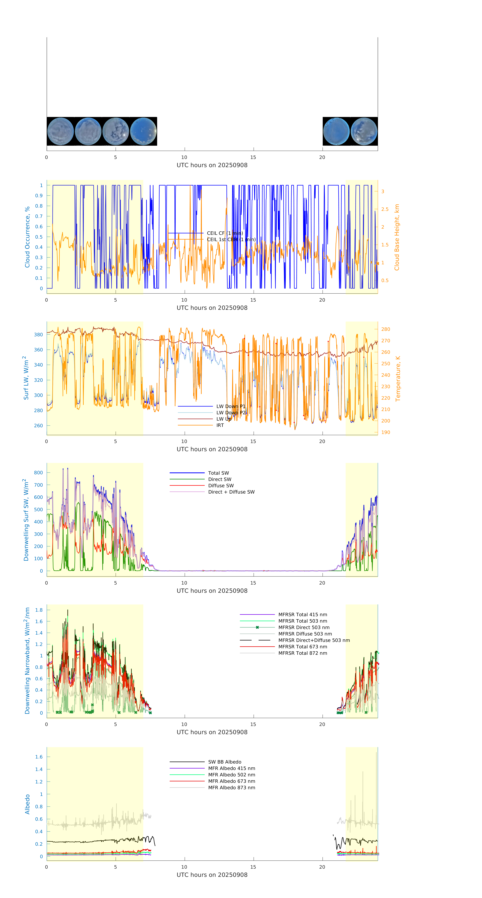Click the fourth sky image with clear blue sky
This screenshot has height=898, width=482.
[x=143, y=131]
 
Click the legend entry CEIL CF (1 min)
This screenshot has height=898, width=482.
[x=224, y=233]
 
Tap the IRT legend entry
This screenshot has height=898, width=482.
[x=220, y=425]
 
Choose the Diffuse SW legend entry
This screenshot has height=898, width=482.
[x=221, y=486]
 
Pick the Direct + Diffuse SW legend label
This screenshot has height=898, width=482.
[x=231, y=492]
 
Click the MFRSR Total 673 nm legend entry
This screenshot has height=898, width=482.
[x=303, y=647]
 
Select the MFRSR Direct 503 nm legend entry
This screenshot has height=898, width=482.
[x=304, y=628]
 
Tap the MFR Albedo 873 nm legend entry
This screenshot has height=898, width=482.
[x=231, y=787]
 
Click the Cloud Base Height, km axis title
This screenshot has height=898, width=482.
[x=397, y=237]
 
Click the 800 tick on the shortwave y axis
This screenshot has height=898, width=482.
[x=38, y=473]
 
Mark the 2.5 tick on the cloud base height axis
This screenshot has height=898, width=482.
[x=385, y=209]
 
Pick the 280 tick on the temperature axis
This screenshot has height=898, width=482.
[x=385, y=329]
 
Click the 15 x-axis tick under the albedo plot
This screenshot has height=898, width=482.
[x=253, y=867]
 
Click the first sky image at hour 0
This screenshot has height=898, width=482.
[x=60, y=131]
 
